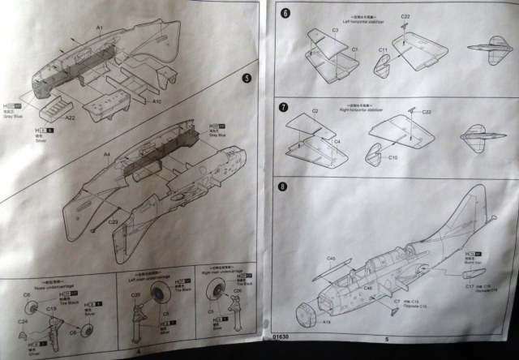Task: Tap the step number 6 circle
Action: [x=284, y=14]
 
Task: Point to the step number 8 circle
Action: [x=282, y=187]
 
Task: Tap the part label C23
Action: [x=113, y=221]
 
